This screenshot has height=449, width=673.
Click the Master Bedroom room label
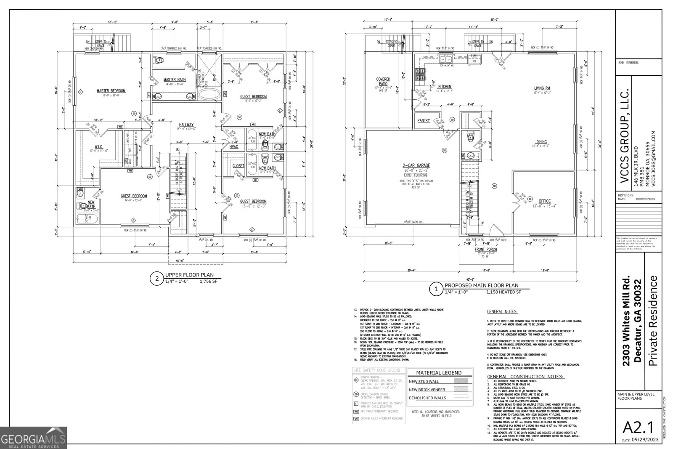111,90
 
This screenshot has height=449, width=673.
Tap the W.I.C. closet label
99,147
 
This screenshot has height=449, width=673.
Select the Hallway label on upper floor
186,125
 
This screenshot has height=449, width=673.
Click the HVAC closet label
234,146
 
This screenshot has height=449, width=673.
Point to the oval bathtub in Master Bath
208,93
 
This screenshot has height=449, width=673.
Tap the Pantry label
424,120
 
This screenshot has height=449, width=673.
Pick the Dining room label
541,142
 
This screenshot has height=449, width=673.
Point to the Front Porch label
486,249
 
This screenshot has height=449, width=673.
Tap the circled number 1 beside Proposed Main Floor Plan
436,289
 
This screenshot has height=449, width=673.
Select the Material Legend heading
438,372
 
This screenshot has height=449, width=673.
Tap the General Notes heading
502,312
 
